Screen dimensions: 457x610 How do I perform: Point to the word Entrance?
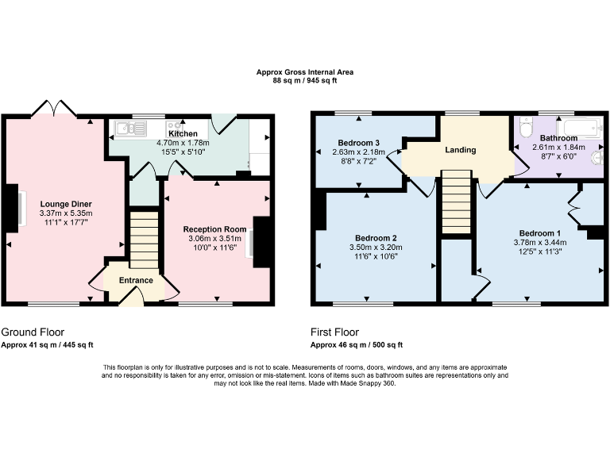pos(136,280)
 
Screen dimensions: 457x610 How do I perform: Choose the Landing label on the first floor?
pos(460,149)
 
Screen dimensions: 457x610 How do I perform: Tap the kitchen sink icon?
pos(127,127)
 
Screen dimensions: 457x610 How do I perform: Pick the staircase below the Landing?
pos(457,205)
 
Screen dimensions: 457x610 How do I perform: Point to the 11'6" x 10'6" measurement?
pos(376,256)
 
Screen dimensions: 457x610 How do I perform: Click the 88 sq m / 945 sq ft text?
pos(305,80)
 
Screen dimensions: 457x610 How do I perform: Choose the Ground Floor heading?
pos(33,332)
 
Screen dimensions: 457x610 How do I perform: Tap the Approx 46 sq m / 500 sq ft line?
pos(357,344)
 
